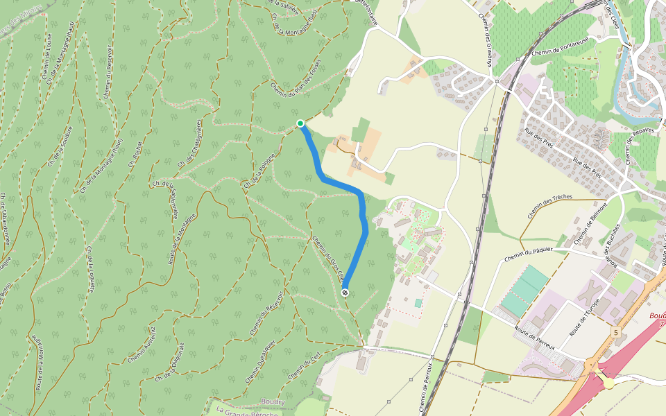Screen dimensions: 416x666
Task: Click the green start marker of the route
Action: click(x=300, y=123)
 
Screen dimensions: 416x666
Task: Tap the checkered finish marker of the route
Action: click(x=345, y=293)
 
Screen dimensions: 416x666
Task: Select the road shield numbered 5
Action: click(x=615, y=333)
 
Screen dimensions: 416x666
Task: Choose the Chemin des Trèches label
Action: click(x=549, y=207)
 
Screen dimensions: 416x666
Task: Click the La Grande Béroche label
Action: click(x=247, y=410)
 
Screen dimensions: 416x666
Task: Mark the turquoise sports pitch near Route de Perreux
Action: click(x=524, y=291)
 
